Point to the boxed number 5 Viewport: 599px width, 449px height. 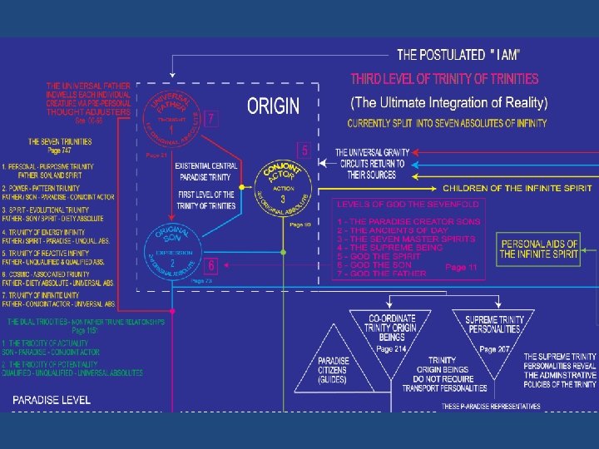tap(304, 150)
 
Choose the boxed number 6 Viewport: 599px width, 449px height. tap(211, 266)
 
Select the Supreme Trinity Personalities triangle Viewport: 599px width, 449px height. tap(493, 325)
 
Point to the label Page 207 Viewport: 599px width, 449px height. tap(498, 349)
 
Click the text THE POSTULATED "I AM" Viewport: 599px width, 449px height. tap(458, 56)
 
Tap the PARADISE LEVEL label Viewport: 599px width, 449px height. tap(51, 400)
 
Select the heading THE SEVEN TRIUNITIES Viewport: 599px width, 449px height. tap(60, 142)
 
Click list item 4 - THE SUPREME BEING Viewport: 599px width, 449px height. tap(390, 248)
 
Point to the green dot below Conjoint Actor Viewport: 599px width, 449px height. tap(284, 251)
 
